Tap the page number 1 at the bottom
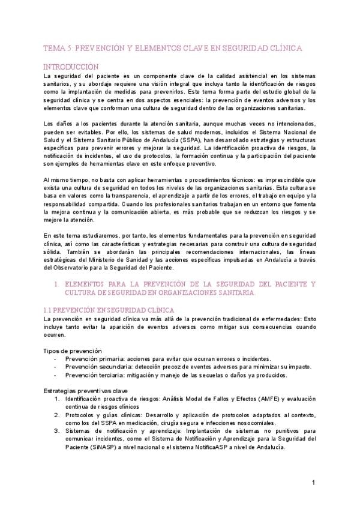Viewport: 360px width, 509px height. coord(314,483)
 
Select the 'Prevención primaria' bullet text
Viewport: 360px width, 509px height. coord(91,358)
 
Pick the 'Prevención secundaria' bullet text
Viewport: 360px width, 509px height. coord(95,367)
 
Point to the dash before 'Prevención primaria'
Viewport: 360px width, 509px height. coord(56,358)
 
